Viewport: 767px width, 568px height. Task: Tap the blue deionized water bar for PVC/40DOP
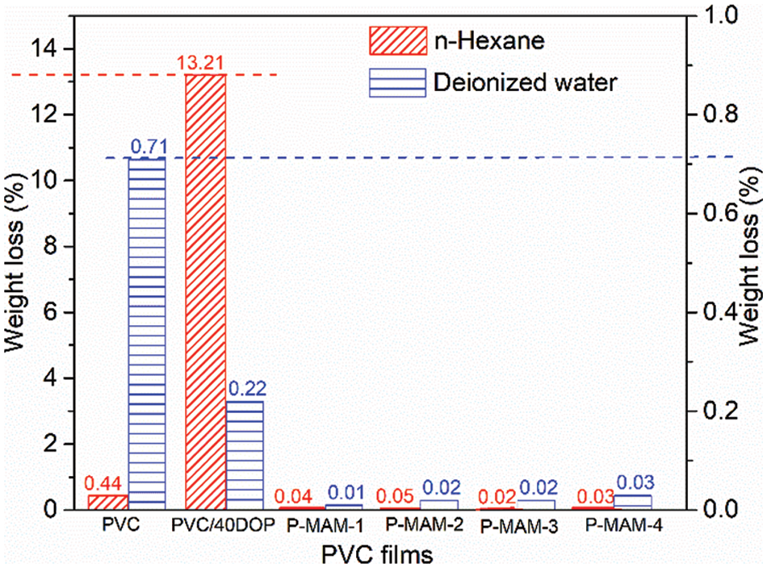click(245, 455)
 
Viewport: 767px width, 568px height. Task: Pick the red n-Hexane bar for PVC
click(109, 502)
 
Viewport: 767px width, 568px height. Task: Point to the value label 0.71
click(148, 147)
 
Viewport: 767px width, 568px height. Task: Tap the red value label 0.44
click(103, 483)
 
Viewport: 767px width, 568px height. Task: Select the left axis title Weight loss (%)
click(16, 264)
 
